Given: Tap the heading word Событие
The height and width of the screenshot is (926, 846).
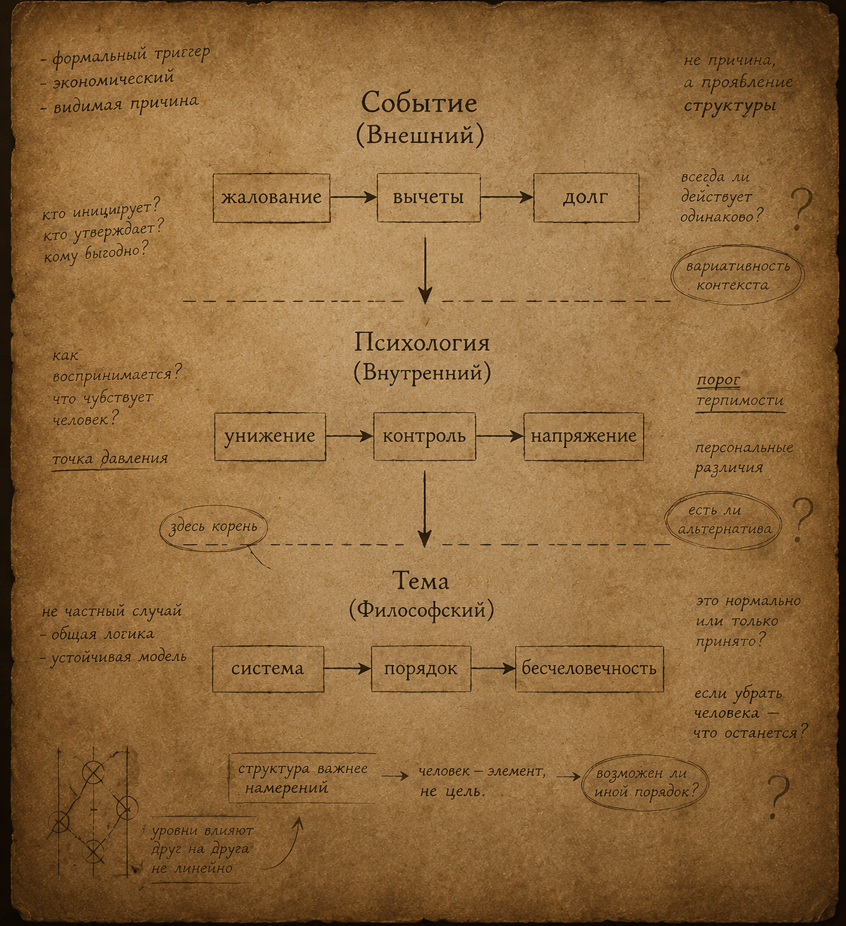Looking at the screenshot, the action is point(418,102).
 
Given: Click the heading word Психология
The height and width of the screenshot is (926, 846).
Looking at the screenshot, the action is point(421,343).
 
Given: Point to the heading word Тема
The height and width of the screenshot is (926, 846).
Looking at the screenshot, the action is point(421,581).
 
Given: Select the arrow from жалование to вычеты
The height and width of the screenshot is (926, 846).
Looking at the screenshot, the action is point(353,198).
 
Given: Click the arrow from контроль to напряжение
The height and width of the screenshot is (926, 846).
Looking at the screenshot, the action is point(500,436).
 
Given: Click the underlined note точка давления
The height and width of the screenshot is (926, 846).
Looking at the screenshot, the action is point(110,459).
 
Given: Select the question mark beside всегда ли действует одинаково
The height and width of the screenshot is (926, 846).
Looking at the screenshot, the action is point(802,209).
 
